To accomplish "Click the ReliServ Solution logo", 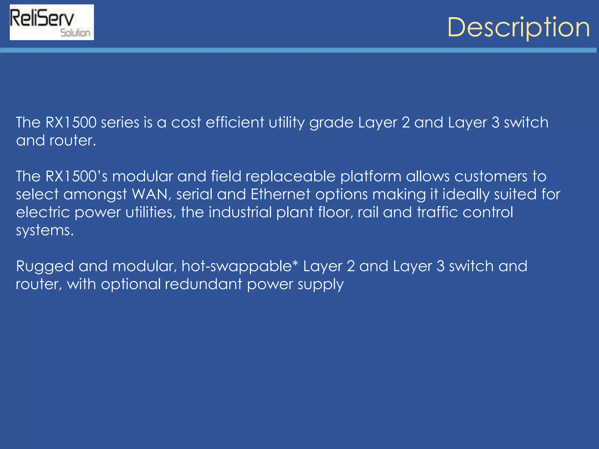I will click(x=52, y=22).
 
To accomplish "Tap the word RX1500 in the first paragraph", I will click(x=71, y=122).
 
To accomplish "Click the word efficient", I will click(x=235, y=122).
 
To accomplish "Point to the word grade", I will click(x=331, y=123).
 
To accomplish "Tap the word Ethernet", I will click(x=280, y=194).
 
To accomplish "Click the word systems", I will click(x=44, y=231).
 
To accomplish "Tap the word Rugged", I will click(x=45, y=267).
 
